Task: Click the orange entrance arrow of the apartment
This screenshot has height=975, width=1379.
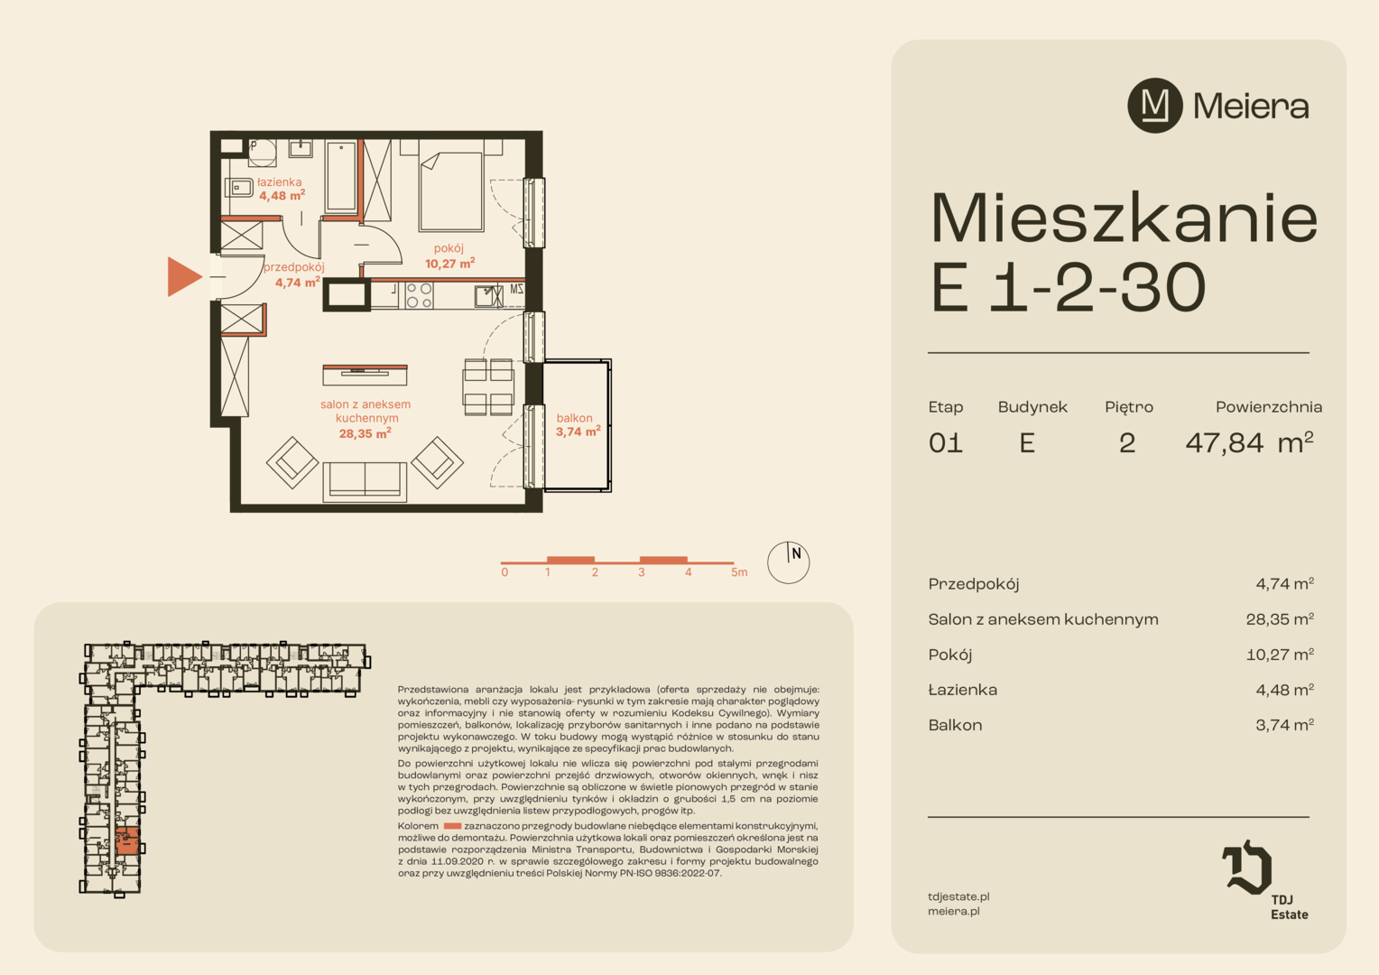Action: [x=184, y=276]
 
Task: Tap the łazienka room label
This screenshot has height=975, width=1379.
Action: [x=280, y=182]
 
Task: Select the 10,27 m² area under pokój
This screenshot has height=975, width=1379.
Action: [x=449, y=264]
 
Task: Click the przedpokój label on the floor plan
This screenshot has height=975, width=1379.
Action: [x=293, y=267]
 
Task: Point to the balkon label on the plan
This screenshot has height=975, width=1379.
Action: [x=574, y=418]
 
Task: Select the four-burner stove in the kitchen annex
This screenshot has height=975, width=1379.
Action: [x=420, y=295]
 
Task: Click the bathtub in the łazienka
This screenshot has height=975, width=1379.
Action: [x=340, y=177]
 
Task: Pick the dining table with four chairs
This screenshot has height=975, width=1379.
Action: [x=488, y=386]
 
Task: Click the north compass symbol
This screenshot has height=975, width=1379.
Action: [x=788, y=562]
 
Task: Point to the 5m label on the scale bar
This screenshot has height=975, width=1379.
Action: [x=739, y=572]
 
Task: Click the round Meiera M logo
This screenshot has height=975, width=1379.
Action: [x=1155, y=106]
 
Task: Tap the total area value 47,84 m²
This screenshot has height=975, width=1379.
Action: [x=1249, y=442]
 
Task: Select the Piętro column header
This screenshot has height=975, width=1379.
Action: [x=1129, y=407]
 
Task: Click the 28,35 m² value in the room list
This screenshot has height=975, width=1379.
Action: [x=1280, y=619]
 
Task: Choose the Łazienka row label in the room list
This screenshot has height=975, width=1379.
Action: [x=962, y=690]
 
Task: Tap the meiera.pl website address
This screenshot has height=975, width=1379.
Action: [x=954, y=912]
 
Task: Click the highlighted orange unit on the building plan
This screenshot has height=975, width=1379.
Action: [x=127, y=841]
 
